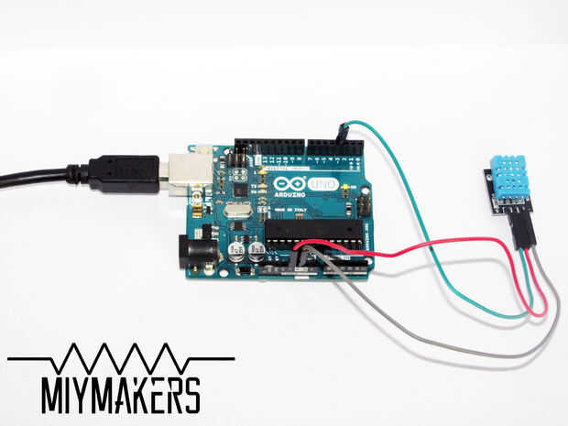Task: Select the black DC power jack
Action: (197, 251)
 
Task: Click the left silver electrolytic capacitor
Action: (236, 252)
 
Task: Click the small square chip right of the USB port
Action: (239, 189)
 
